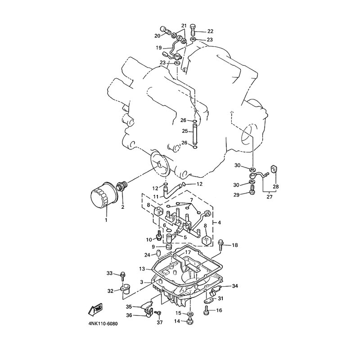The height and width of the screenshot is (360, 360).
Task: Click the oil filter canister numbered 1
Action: [104, 195]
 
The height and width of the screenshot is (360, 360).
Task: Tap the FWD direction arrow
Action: [95, 310]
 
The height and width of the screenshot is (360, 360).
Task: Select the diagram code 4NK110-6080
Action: [103, 324]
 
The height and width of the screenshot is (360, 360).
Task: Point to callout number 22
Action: [210, 31]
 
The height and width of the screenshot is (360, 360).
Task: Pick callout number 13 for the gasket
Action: [142, 268]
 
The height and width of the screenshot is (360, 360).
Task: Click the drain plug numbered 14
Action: [189, 321]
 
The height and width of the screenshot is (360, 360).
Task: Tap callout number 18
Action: [234, 245]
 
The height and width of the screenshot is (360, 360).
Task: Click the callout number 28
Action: [276, 186]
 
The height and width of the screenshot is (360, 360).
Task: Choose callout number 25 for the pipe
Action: [185, 131]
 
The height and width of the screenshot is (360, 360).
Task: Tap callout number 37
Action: [160, 322]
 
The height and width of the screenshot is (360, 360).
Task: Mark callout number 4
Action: [219, 222]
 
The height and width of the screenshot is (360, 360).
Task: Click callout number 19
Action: [159, 48]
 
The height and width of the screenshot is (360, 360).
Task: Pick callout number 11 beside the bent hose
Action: [156, 197]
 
